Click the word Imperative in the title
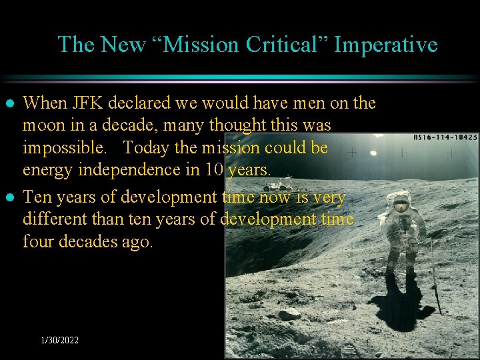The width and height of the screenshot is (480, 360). (385, 45)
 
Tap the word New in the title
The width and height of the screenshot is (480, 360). (122, 45)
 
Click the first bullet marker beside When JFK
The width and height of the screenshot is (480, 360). (10, 104)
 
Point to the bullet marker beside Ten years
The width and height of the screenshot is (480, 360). (10, 198)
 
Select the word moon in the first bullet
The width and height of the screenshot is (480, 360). (43, 125)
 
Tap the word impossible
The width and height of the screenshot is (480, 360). (63, 147)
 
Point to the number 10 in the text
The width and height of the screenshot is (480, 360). (215, 169)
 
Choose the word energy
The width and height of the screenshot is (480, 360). (48, 169)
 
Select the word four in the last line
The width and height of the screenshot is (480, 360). (37, 241)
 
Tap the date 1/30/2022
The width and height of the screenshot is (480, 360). (59, 341)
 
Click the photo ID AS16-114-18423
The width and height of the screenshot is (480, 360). (446, 137)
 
